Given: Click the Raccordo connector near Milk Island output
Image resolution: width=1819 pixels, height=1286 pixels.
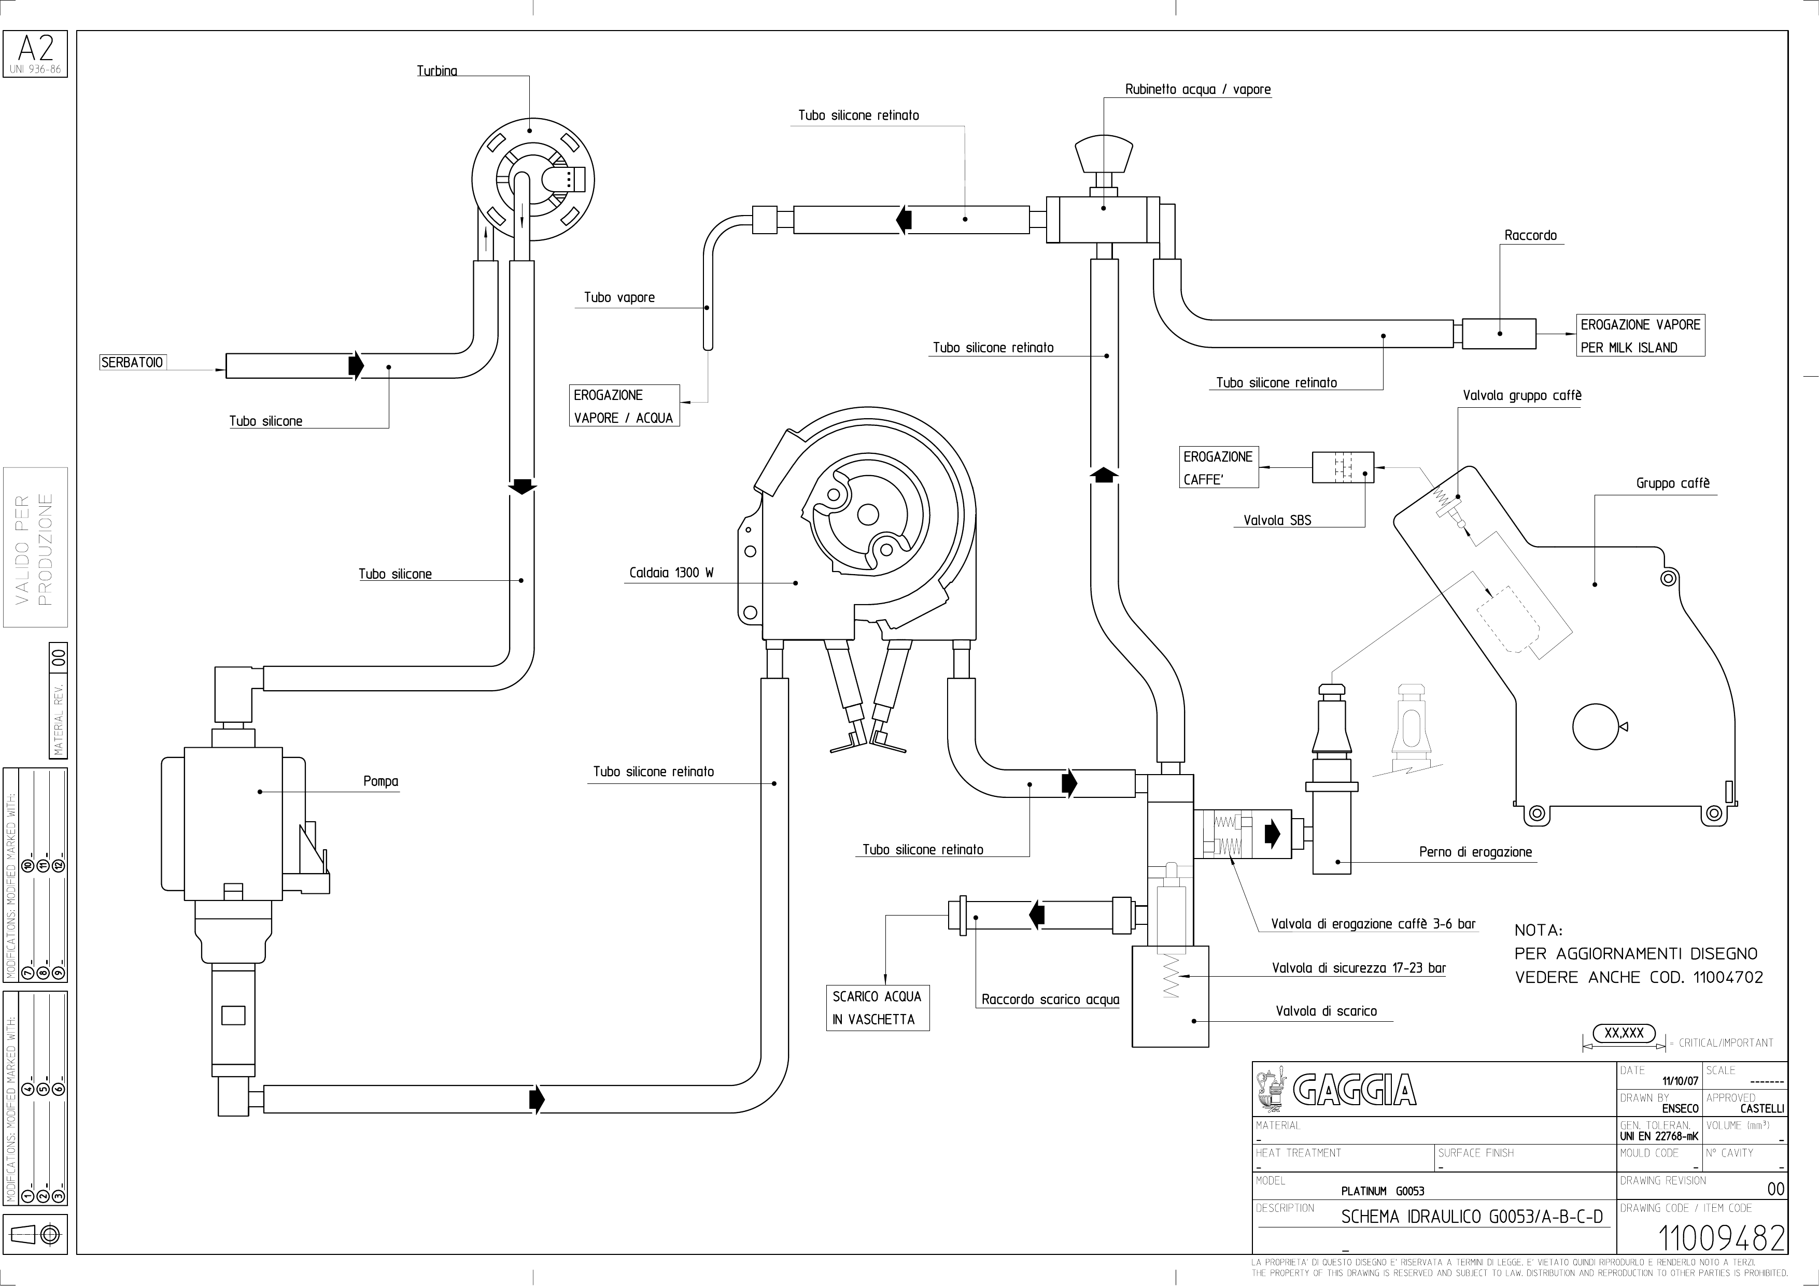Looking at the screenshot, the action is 1499,333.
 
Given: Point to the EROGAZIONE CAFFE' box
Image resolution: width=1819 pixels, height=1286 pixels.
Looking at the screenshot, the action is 1219,468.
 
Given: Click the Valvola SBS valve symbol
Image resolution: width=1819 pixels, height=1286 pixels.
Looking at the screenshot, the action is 1343,467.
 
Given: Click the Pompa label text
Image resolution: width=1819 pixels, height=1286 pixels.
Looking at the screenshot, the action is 381,781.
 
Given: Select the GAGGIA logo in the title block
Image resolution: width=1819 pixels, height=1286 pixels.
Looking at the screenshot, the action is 1336,1091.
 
